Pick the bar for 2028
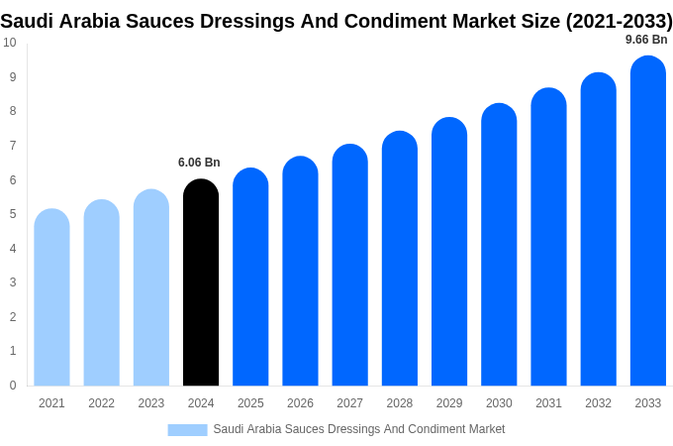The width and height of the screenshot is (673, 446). pos(399,259)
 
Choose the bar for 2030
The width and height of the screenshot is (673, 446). pos(499,245)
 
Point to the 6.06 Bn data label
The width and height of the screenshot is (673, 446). pos(199,163)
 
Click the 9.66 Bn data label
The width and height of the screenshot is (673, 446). pos(646,40)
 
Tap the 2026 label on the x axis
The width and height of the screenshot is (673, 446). pos(300,403)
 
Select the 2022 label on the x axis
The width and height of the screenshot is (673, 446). pos(101,403)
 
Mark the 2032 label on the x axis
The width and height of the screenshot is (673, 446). pos(598,403)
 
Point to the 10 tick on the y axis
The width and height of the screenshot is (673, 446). pos(9,43)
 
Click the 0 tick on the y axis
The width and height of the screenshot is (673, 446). pos(12,386)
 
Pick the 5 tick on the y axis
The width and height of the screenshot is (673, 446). pos(12,214)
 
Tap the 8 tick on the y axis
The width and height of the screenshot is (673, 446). pos(12,111)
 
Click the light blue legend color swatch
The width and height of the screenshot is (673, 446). pos(187,429)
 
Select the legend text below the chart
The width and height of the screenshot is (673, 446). pos(358,429)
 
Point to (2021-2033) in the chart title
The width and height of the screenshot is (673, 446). pos(619,21)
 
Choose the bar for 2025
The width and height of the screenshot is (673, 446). pos(250,277)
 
